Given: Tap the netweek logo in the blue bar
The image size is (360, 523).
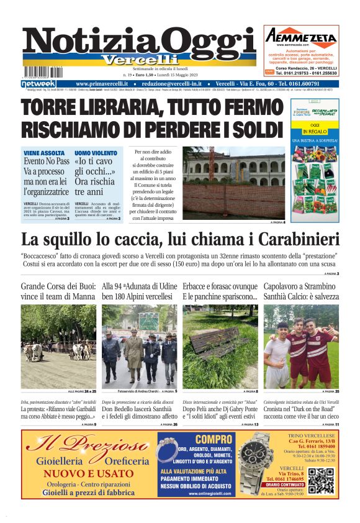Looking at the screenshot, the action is pyautogui.click(x=38, y=84).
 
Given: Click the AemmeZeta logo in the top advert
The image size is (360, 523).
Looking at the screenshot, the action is pyautogui.click(x=300, y=37).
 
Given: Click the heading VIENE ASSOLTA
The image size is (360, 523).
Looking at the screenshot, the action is pyautogui.click(x=43, y=153).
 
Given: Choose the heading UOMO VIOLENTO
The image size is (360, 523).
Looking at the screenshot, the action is pyautogui.click(x=96, y=153).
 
